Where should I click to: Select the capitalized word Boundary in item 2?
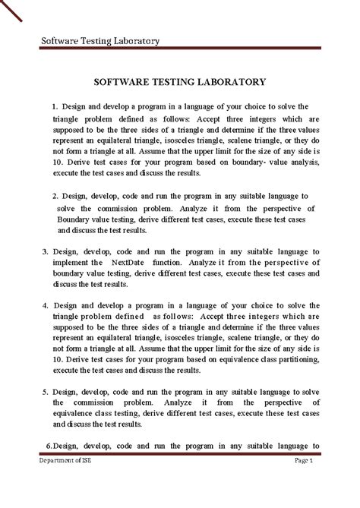pyautogui.click(x=74, y=218)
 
